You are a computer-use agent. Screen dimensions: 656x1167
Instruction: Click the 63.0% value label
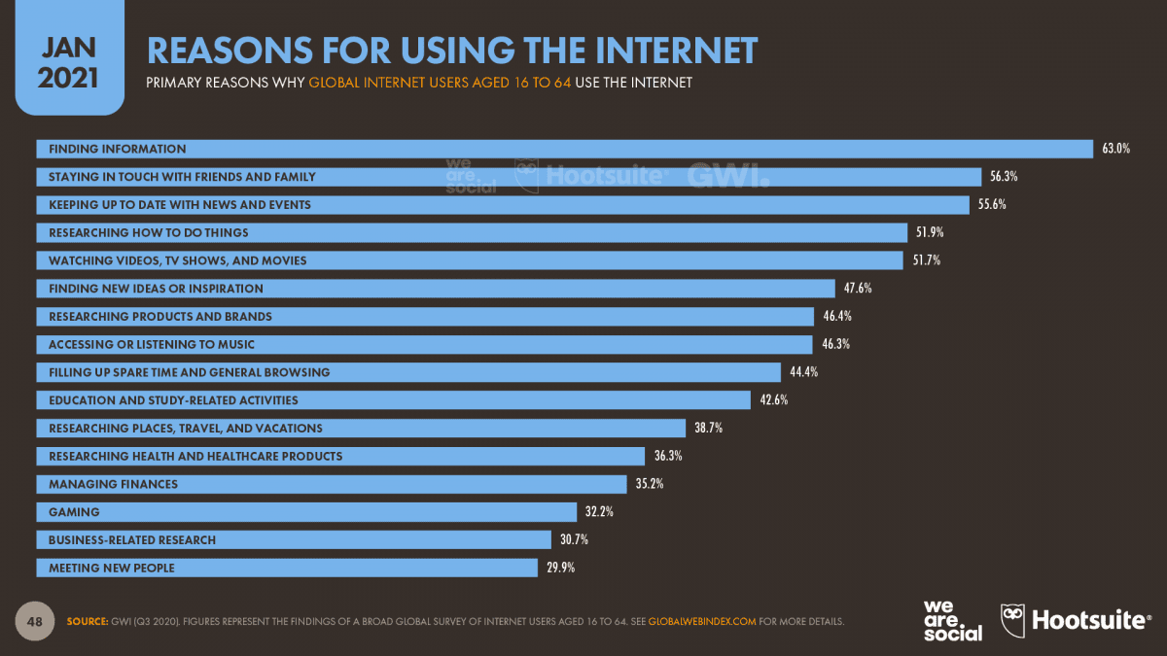click(1115, 149)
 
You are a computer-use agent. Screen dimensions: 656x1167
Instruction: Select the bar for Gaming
click(306, 511)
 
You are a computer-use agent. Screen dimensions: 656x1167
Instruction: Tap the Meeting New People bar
click(287, 568)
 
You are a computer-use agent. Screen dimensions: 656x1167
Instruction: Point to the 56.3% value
click(1005, 177)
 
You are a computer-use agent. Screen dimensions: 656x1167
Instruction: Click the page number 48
click(34, 621)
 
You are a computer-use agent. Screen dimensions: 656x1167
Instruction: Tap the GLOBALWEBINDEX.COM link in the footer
click(702, 621)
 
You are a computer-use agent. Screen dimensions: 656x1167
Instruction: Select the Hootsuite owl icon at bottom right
click(1012, 620)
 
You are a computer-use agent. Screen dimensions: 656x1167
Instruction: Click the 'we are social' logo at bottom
click(952, 620)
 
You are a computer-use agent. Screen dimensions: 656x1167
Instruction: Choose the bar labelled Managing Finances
click(331, 483)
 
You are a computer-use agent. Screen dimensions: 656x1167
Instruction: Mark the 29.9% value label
click(560, 568)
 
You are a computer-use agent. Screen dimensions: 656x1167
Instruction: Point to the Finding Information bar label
click(117, 149)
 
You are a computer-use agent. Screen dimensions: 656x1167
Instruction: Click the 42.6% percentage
click(773, 399)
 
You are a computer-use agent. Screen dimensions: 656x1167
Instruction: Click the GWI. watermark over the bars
click(727, 176)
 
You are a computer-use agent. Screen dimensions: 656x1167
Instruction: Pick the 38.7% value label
click(709, 428)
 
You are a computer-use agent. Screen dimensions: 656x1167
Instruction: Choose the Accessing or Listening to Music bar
click(424, 344)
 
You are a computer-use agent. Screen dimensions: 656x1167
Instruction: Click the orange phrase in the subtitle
click(440, 83)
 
